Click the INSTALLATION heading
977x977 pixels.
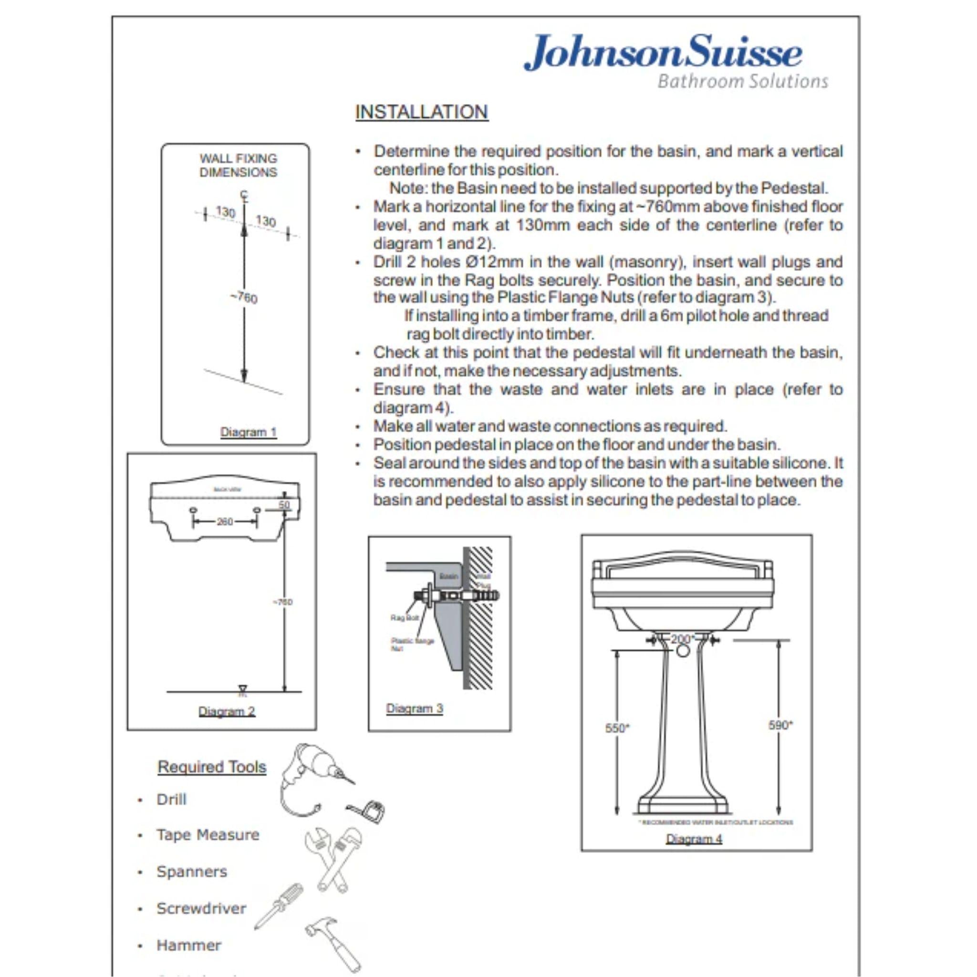click(x=421, y=112)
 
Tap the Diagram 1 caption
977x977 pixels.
click(x=248, y=432)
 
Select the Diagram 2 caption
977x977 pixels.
click(x=227, y=711)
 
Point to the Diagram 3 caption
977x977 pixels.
click(x=414, y=708)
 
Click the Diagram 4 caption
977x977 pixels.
click(x=694, y=839)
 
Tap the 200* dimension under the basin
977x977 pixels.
click(x=681, y=639)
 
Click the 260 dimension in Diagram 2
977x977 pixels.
click(x=225, y=521)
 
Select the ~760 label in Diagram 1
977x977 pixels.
click(x=244, y=297)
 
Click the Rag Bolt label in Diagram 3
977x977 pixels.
click(x=405, y=618)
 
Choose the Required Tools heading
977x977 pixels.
click(x=212, y=767)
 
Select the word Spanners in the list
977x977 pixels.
click(x=192, y=871)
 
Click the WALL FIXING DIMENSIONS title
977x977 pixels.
click(x=238, y=166)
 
